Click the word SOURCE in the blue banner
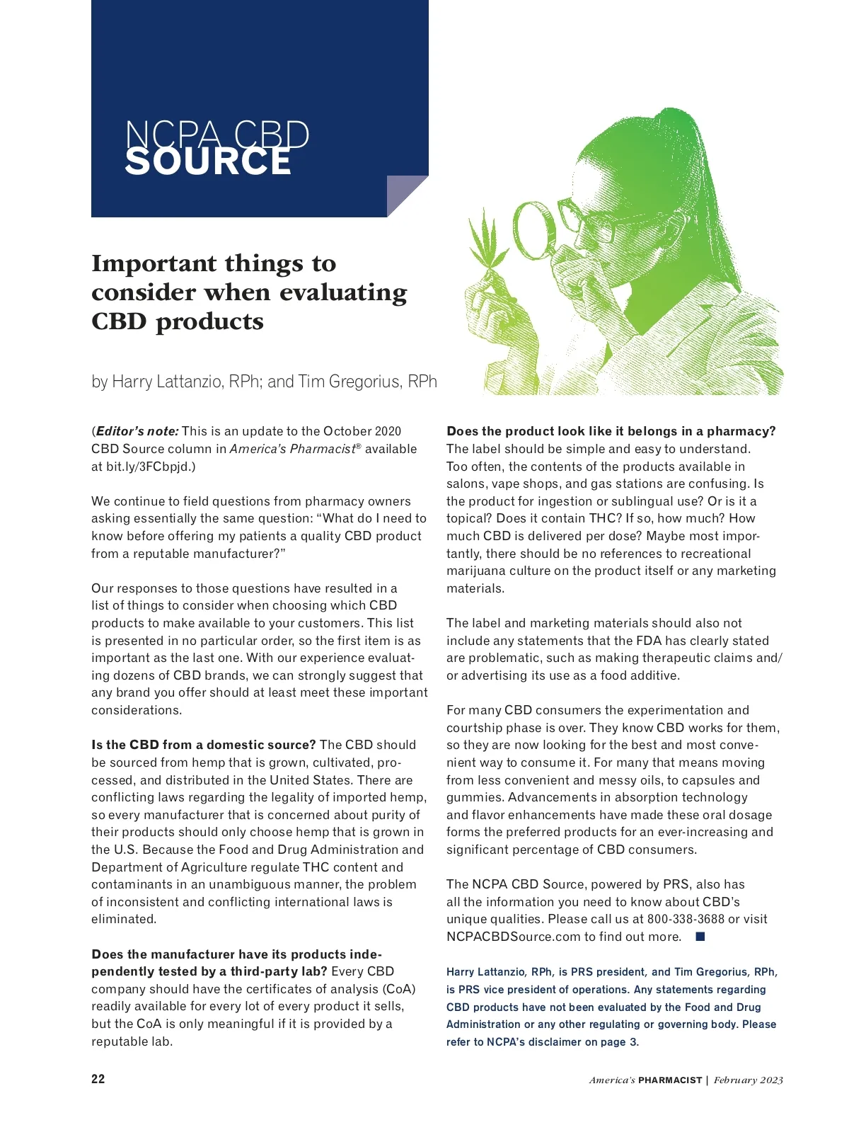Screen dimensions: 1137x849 (208, 162)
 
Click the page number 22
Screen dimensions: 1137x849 (98, 1078)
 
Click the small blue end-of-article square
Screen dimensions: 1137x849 (700, 937)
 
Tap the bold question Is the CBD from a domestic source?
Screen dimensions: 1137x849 (204, 745)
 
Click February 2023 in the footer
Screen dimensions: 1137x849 (748, 1080)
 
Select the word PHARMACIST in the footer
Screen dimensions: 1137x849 (669, 1080)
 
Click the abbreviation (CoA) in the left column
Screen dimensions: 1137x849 (399, 989)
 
